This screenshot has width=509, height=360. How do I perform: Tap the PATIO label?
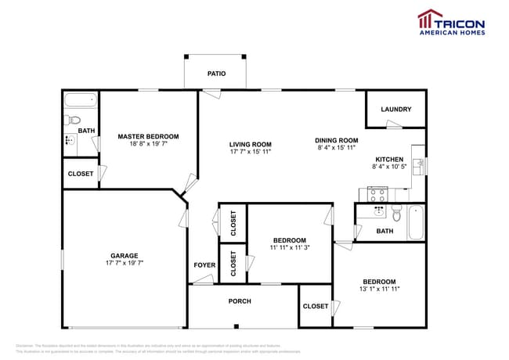click(217, 74)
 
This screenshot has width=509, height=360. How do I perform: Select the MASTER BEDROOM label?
click(148, 136)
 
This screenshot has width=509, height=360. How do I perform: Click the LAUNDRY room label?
click(395, 110)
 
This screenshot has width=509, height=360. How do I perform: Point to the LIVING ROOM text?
click(250, 144)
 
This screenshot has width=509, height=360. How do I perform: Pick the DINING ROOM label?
click(336, 139)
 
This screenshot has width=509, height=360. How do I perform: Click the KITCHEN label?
click(389, 158)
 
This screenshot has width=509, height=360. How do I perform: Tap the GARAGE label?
click(124, 255)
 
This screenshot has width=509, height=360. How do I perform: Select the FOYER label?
click(204, 265)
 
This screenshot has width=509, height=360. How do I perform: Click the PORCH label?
click(240, 301)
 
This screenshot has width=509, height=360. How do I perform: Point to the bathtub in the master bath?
click(80, 100)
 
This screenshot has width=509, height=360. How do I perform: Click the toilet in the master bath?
click(73, 120)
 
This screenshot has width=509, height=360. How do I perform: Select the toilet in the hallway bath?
click(397, 212)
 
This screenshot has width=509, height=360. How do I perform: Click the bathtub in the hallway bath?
click(415, 222)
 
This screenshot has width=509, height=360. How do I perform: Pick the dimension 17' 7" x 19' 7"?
click(124, 263)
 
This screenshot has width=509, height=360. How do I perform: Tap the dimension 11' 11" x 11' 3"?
click(289, 247)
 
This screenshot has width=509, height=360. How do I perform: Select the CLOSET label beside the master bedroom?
click(81, 174)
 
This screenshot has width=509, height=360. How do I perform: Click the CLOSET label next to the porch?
click(316, 306)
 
